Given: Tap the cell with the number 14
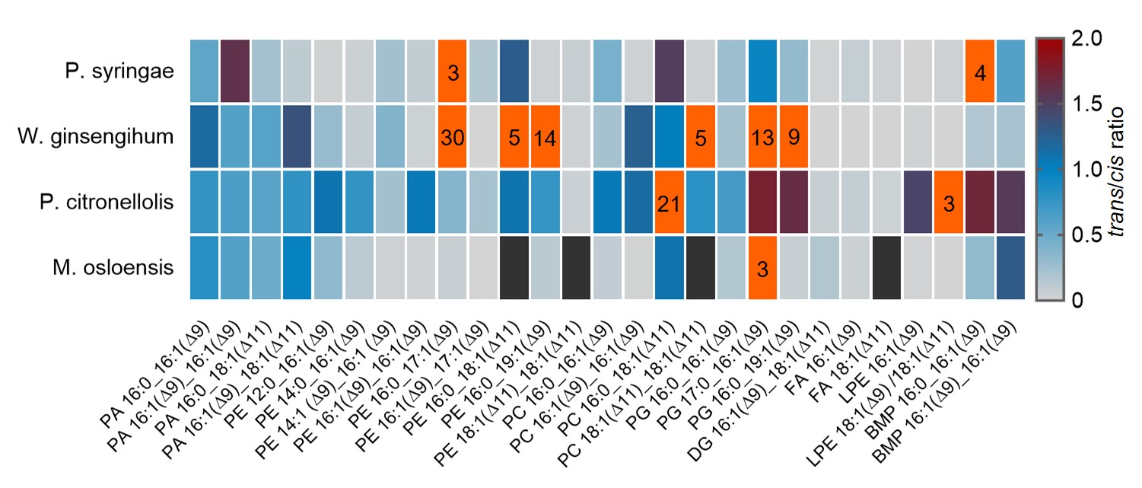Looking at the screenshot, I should coord(546,137).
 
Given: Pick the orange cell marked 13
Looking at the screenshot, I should coord(763,137).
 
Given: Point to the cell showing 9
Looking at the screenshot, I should coord(794,137).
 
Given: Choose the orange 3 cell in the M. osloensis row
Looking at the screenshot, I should coord(763,268).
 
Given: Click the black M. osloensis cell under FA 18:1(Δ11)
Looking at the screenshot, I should coord(887,268).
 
